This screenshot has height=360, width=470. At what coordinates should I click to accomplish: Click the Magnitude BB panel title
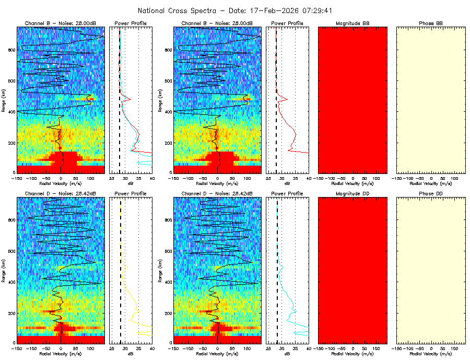coord(352,24)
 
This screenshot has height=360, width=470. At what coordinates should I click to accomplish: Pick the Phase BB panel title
coord(431,24)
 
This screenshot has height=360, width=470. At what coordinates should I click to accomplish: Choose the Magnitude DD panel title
coord(352,194)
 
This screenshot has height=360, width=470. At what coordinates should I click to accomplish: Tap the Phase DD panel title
coord(431,194)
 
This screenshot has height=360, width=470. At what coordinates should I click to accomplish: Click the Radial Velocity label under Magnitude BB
coord(352,183)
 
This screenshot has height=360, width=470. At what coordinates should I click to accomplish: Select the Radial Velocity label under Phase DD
coord(431,354)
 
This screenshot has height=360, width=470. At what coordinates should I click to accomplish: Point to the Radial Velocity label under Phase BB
coord(431,183)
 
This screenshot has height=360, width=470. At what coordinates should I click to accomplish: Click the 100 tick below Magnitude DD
coord(377,347)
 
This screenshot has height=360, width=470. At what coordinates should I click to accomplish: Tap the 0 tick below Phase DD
coord(431,347)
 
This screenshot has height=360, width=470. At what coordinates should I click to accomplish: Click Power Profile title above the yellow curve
coord(131,194)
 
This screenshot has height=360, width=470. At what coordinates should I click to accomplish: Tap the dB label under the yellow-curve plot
coord(131,354)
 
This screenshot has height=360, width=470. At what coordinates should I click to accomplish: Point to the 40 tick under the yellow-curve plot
coord(152,347)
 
